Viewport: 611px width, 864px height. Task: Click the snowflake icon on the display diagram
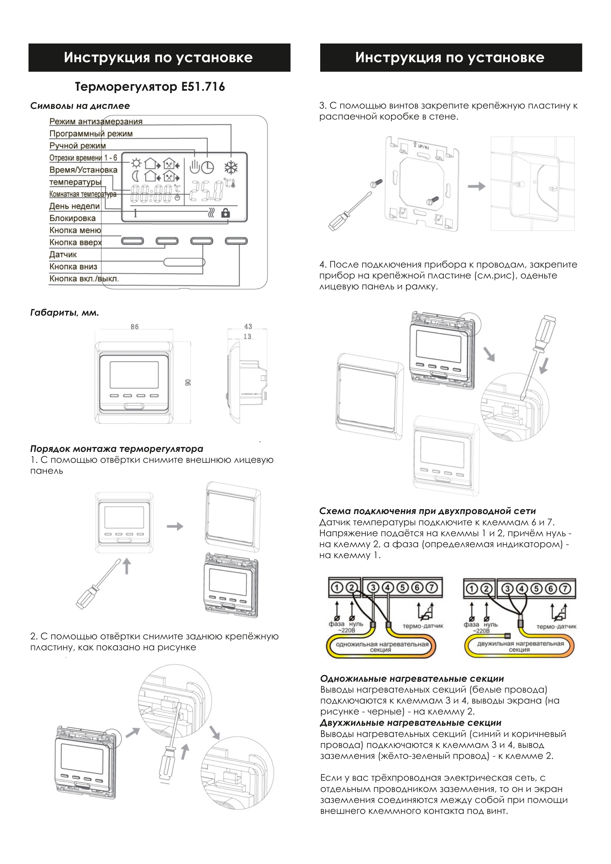[x=231, y=167]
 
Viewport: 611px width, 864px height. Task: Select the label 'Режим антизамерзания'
[x=96, y=122]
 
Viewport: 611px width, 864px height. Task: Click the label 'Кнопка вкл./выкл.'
[x=84, y=279]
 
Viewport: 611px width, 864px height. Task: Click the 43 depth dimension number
[x=248, y=326]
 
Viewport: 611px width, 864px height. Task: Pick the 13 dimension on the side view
[x=247, y=336]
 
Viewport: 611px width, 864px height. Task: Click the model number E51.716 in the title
[x=203, y=87]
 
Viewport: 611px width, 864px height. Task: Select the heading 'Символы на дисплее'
[x=80, y=106]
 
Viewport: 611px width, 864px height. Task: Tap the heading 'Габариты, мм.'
[x=64, y=313]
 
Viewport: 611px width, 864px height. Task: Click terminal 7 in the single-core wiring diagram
[x=432, y=588]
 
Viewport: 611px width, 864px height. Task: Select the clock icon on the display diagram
[x=207, y=167]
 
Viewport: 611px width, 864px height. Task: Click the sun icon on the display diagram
[x=136, y=163]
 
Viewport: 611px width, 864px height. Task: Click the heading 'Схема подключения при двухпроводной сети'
[x=427, y=511]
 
